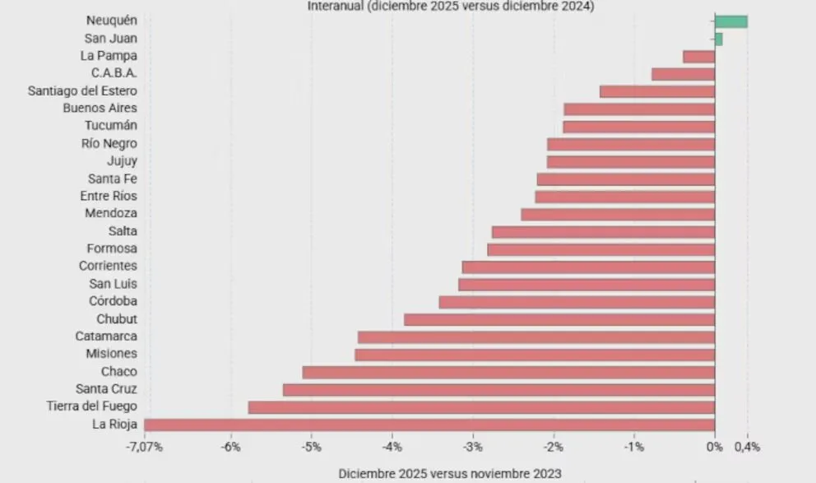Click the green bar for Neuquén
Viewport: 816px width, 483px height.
(x=730, y=21)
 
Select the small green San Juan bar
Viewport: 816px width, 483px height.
(x=718, y=39)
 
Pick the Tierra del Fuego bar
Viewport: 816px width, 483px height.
(x=481, y=407)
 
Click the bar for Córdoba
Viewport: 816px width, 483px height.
(x=577, y=302)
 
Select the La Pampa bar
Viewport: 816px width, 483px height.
(x=698, y=57)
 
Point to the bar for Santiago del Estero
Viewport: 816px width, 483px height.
(x=657, y=91)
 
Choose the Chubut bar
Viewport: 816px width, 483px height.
(x=559, y=319)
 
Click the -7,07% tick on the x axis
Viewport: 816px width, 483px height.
(x=144, y=447)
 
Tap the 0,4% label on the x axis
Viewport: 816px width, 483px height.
(x=748, y=447)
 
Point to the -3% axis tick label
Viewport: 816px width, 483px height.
(x=472, y=447)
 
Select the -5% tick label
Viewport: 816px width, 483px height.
(x=311, y=447)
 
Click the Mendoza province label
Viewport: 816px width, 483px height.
(x=111, y=213)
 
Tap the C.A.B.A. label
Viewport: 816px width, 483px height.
(x=114, y=73)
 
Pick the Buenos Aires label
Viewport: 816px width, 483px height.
(x=100, y=108)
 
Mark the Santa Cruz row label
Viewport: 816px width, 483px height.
(x=106, y=389)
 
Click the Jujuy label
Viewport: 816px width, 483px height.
(x=122, y=160)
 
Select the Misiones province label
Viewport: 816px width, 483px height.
(x=111, y=354)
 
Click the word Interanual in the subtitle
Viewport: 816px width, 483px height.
(x=336, y=6)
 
